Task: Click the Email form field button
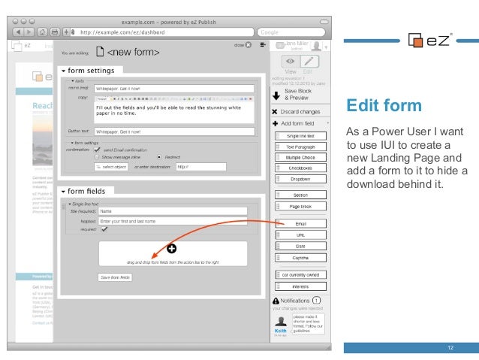300,224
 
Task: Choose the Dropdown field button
300,179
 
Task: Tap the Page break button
300,206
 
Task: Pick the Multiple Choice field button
300,158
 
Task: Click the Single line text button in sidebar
300,135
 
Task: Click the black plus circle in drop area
171,248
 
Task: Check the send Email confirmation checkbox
98,149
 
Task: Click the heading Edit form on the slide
375,104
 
